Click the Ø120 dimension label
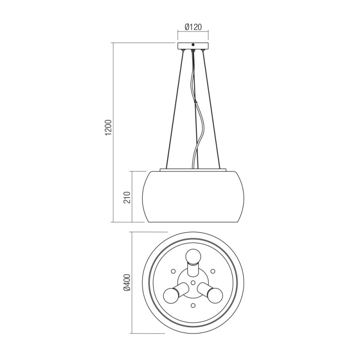[x=193, y=26]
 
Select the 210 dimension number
[x=127, y=197]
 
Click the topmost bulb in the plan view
[x=193, y=256]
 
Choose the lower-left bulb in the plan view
[x=171, y=295]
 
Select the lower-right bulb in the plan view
[x=215, y=295]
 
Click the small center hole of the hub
[x=193, y=283]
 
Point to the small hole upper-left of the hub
[x=173, y=271]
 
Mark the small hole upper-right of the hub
[x=213, y=271]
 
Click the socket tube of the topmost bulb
[x=193, y=270]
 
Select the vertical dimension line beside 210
[x=131, y=197]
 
